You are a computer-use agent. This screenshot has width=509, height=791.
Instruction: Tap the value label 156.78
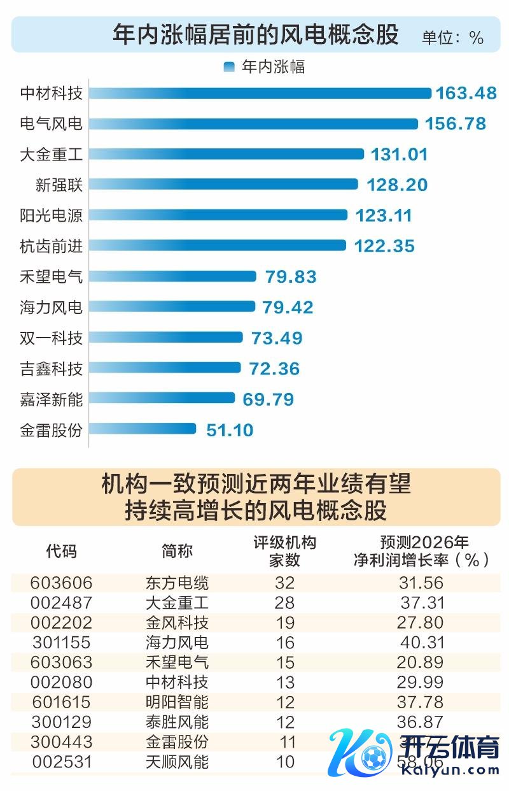coord(456,123)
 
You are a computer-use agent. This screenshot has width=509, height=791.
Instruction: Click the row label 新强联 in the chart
coord(59,185)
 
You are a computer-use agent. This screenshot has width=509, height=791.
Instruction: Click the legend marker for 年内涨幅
coord(229,67)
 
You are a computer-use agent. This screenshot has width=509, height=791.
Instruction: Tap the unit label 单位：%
coord(452,38)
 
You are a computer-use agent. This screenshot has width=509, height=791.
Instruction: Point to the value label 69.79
coord(268,399)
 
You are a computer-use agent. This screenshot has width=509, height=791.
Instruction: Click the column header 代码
coord(61,551)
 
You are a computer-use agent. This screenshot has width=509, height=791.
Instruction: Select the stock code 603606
coord(61,583)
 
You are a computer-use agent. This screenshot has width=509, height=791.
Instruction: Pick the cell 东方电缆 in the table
coord(177,583)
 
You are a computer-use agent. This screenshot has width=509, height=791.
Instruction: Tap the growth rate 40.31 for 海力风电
coord(422,643)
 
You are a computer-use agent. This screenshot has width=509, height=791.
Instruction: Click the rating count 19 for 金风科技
coord(286,623)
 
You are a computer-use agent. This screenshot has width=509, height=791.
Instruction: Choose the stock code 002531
coord(61,762)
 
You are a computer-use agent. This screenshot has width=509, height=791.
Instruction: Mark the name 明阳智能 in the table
coord(177,702)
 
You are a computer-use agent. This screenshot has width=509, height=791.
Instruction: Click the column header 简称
coord(177,551)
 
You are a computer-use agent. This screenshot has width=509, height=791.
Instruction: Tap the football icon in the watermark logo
coord(371,758)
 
